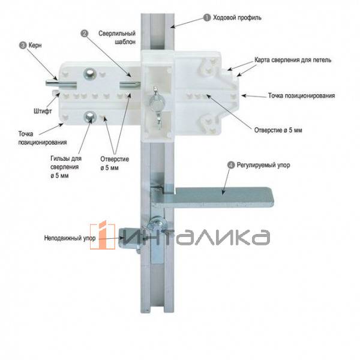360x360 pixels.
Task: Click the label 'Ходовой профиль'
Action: [x=237, y=18]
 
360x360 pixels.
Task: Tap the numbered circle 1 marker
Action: [x=207, y=17]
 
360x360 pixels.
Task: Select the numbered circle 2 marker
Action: [x=84, y=34]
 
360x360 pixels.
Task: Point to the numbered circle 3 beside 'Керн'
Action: [x=23, y=45]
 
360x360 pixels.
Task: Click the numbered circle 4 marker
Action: [x=231, y=165]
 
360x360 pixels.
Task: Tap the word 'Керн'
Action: [x=35, y=45]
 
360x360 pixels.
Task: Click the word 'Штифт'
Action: [x=43, y=112]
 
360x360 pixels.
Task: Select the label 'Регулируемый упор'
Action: [x=263, y=165]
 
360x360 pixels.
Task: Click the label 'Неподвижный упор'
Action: [x=70, y=238]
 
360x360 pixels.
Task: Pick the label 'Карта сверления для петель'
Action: [x=293, y=60]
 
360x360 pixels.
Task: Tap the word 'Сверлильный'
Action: [x=117, y=34]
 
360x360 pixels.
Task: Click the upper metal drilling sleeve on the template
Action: [x=89, y=74]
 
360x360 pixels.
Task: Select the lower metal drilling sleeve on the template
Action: [x=90, y=117]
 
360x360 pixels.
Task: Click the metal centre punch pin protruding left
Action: [x=61, y=83]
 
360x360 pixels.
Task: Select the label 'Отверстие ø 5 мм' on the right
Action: [x=278, y=130]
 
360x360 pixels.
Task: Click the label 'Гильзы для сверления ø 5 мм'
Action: [x=66, y=167]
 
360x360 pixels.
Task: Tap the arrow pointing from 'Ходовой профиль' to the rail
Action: [x=187, y=23]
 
